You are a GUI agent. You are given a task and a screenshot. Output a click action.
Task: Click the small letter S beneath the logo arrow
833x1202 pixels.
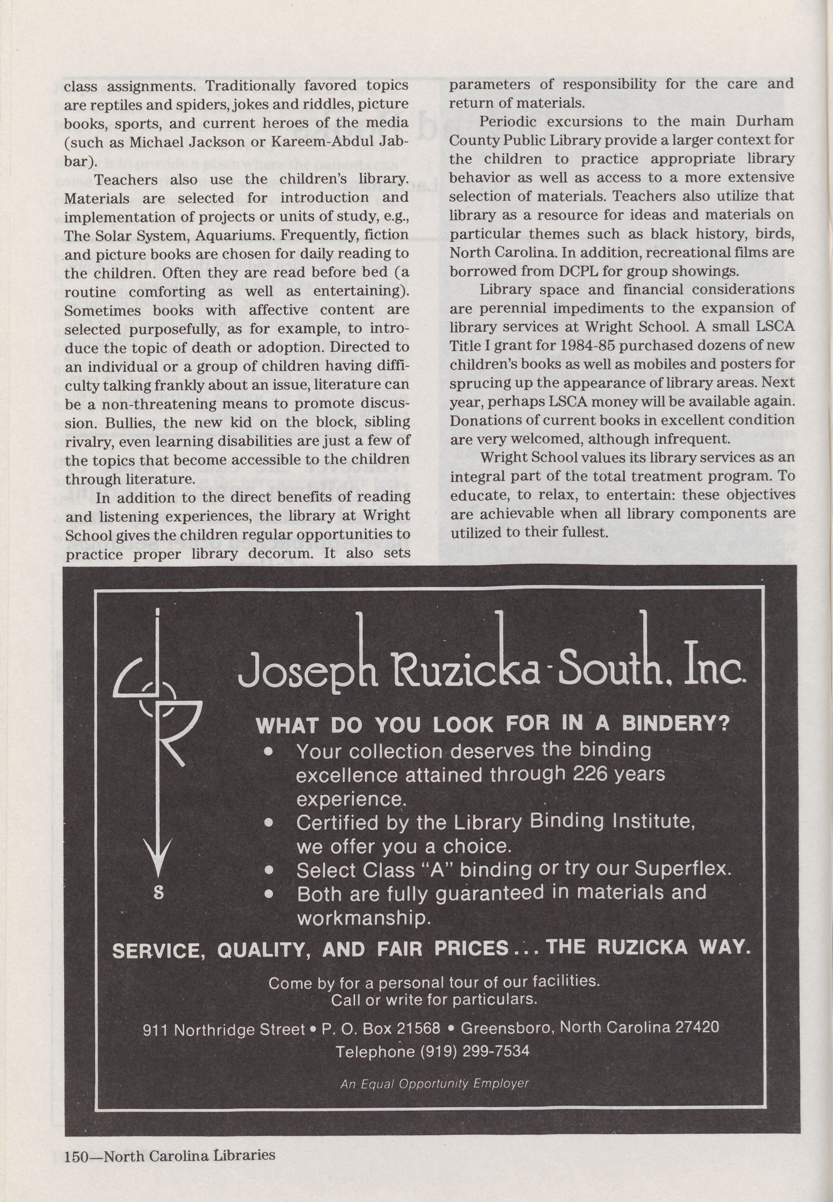[159, 893]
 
